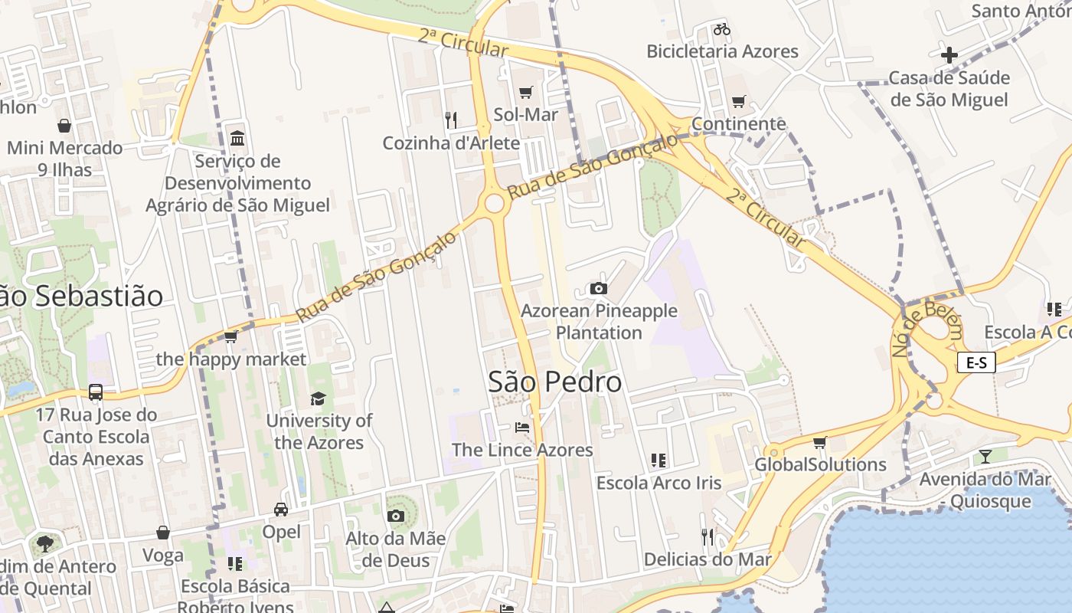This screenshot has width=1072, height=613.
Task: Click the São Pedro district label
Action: pyautogui.click(x=555, y=382)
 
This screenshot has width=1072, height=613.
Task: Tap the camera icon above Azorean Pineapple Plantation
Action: pyautogui.click(x=599, y=288)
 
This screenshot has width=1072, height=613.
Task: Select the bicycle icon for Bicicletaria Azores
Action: pyautogui.click(x=721, y=29)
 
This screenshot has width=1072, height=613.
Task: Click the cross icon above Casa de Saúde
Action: pyautogui.click(x=949, y=54)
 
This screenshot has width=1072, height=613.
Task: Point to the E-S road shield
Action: pyautogui.click(x=976, y=362)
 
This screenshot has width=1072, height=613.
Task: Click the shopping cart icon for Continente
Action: pyautogui.click(x=739, y=101)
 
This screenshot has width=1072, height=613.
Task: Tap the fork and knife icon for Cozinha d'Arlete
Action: pyautogui.click(x=451, y=120)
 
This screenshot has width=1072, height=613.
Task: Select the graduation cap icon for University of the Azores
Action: pyautogui.click(x=318, y=398)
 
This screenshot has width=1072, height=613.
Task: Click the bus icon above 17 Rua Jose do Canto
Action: pyautogui.click(x=96, y=392)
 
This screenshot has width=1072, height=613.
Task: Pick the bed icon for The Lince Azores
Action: pyautogui.click(x=522, y=427)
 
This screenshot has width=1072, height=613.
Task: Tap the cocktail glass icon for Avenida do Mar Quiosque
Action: pyautogui.click(x=985, y=457)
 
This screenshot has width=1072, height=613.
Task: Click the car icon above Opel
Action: pyautogui.click(x=281, y=510)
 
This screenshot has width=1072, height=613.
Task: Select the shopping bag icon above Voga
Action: pyautogui.click(x=163, y=533)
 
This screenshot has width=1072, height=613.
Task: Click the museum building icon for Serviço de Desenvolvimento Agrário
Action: pyautogui.click(x=237, y=139)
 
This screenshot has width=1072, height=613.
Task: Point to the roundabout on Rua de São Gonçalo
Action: pyautogui.click(x=495, y=203)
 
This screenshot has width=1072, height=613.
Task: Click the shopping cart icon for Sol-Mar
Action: pyautogui.click(x=525, y=93)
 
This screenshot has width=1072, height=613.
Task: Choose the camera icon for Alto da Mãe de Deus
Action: pyautogui.click(x=395, y=516)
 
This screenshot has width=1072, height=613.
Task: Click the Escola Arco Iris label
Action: pyautogui.click(x=659, y=483)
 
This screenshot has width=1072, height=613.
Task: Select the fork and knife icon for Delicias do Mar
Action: pyautogui.click(x=708, y=536)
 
